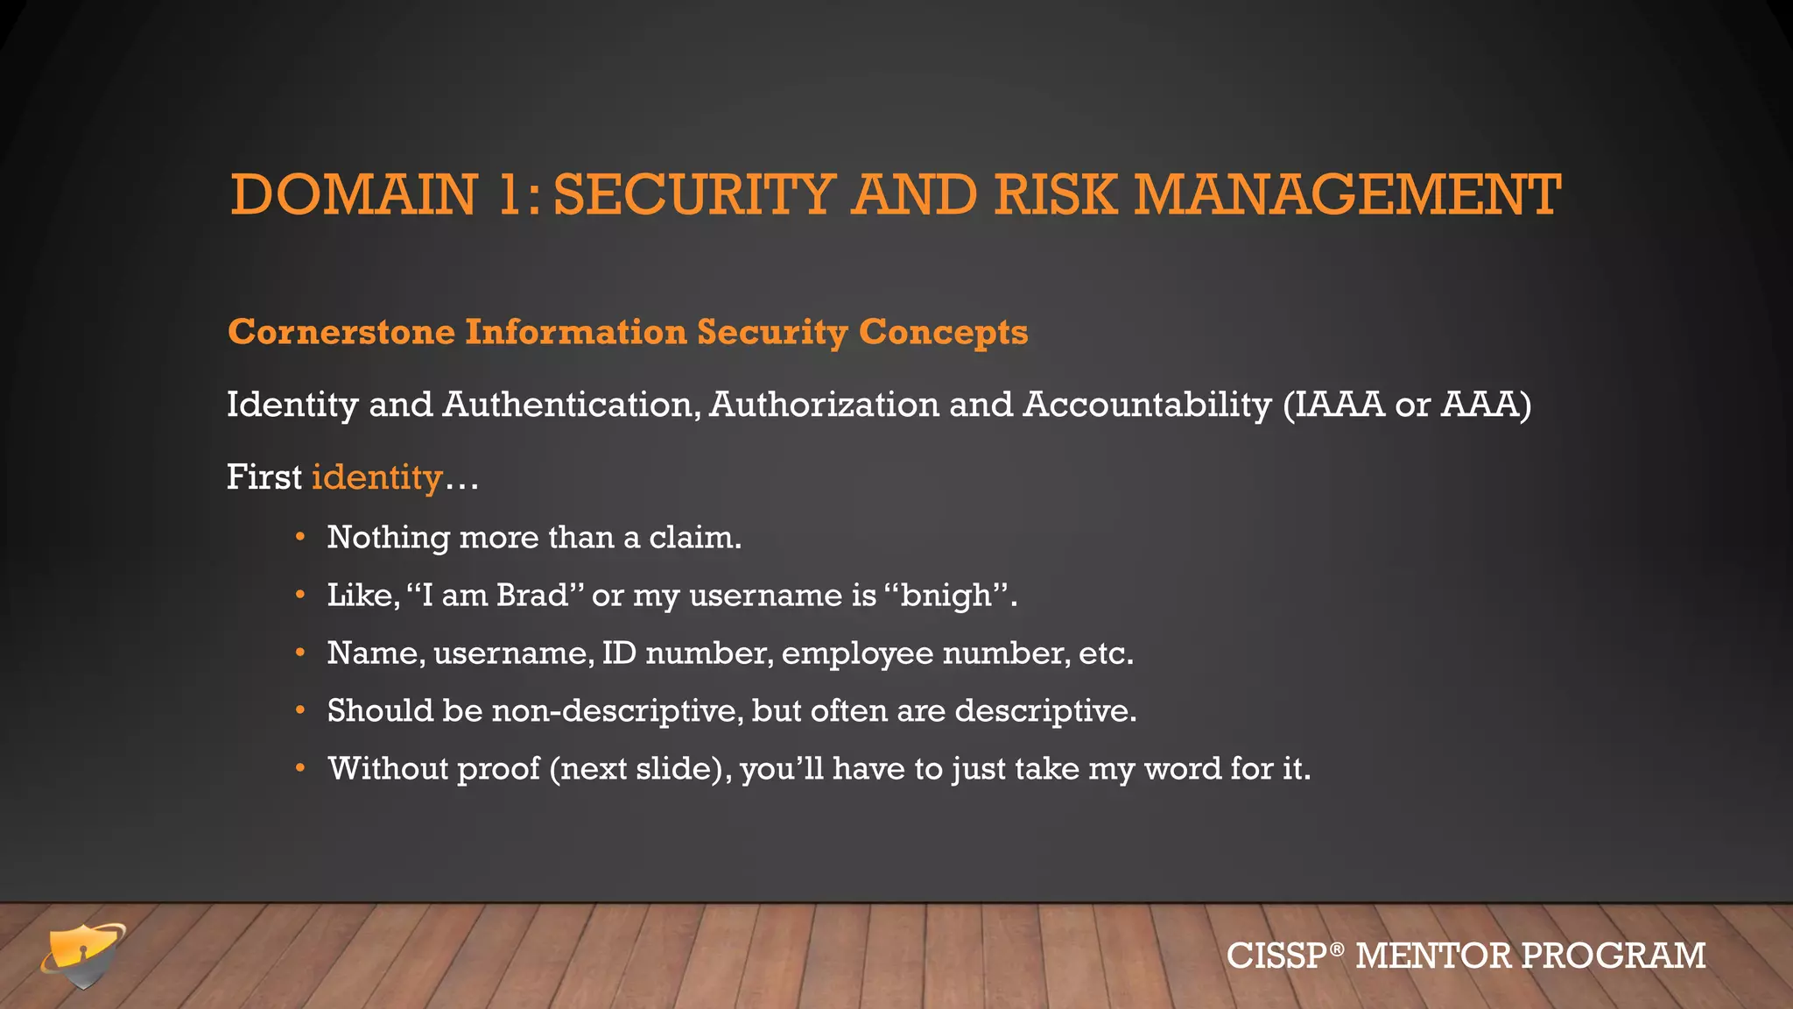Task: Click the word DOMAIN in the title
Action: [354, 194]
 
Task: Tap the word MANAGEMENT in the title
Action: [1347, 194]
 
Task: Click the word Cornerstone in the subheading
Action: [341, 333]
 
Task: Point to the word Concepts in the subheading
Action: [943, 333]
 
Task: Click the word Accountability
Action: [1147, 405]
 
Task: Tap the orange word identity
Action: [377, 477]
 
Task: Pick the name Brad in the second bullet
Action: [532, 595]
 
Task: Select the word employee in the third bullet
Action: [857, 653]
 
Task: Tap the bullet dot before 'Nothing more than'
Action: [300, 536]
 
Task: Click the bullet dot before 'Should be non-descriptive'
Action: [300, 709]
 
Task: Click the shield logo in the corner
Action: [83, 956]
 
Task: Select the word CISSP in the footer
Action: [1277, 956]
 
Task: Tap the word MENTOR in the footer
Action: [1432, 956]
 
